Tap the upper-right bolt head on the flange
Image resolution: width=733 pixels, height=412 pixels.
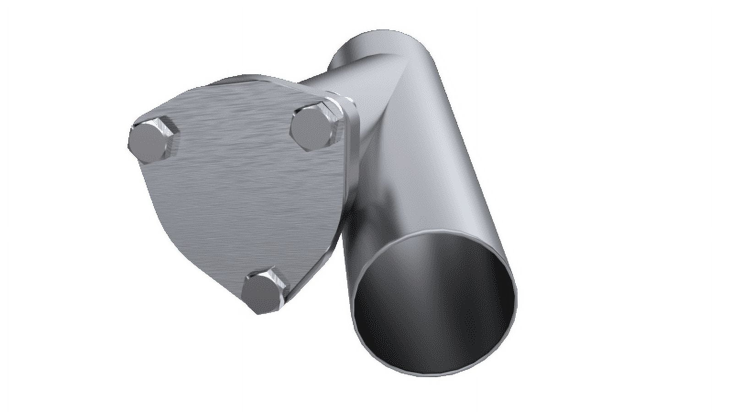311,127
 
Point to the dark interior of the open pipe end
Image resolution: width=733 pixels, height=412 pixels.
431,302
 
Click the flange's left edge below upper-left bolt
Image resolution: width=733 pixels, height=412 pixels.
146,183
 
